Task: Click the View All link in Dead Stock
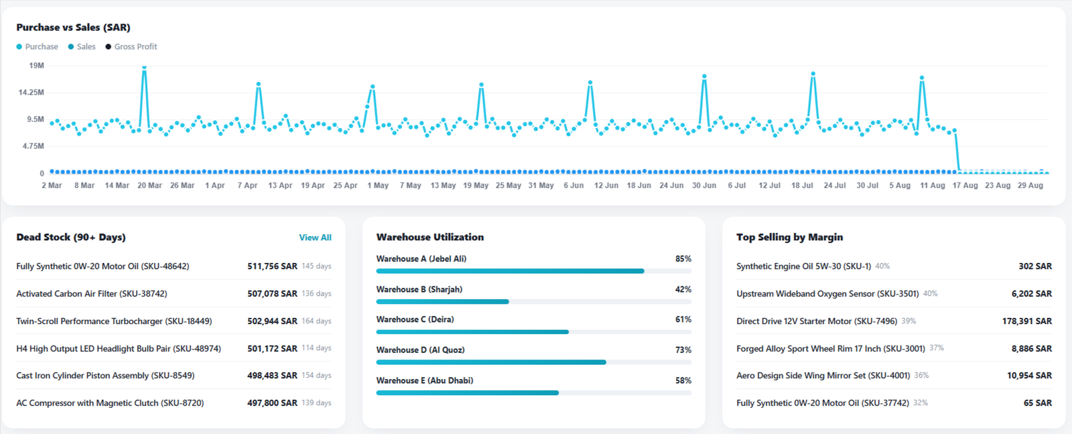315,237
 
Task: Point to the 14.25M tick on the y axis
31,93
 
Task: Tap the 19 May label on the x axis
476,185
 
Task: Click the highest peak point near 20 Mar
144,68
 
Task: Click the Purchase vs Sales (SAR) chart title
73,28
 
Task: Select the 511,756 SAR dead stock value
272,266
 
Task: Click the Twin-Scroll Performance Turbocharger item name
114,321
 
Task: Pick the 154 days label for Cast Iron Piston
316,375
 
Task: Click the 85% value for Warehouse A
683,259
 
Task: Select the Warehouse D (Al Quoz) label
420,349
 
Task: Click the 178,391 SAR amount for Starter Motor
1027,321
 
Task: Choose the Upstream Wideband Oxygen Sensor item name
827,294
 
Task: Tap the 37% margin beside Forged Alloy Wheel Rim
937,347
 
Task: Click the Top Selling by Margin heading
790,237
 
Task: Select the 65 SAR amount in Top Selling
1038,403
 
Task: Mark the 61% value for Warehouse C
683,319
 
